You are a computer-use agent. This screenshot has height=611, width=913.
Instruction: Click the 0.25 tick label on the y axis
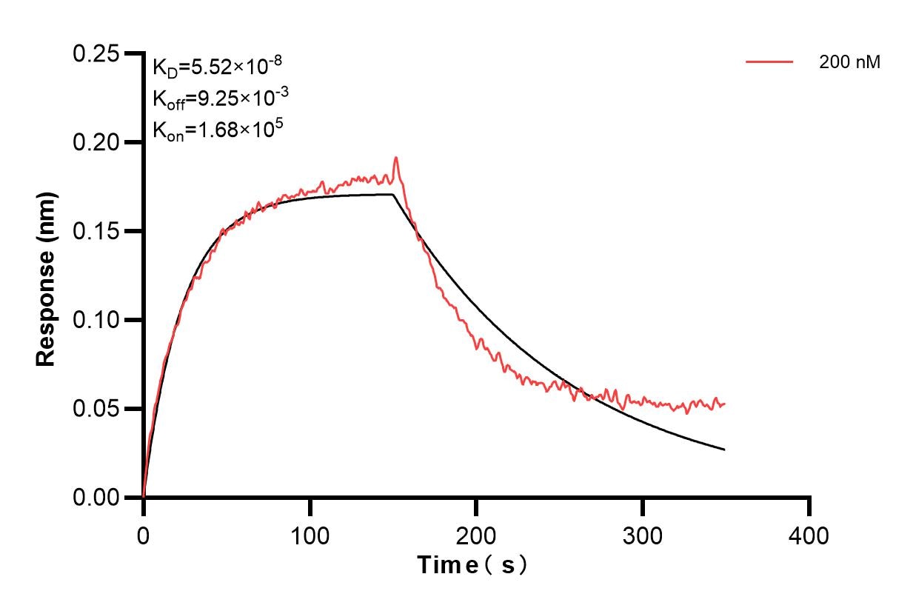coord(96,54)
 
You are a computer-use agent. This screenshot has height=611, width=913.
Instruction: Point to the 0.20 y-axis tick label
coord(96,142)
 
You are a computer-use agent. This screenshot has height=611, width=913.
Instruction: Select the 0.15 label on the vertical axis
coord(96,231)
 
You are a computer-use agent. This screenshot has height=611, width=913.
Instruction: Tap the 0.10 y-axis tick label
coord(96,320)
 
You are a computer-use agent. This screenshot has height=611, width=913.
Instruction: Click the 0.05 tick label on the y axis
coord(96,409)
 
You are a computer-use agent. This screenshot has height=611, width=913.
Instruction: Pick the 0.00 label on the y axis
coord(96,498)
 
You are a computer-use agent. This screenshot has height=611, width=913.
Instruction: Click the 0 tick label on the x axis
coord(144,534)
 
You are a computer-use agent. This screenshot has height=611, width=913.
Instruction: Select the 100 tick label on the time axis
coord(310,534)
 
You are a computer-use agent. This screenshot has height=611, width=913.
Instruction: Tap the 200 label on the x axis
coord(477,534)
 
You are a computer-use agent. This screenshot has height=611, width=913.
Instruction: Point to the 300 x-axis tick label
coord(643,534)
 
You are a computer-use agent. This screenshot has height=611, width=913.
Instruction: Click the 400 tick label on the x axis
coord(809,534)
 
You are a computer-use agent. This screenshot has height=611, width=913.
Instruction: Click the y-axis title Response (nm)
coord(46,278)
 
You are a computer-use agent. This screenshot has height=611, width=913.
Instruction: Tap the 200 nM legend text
coord(849,63)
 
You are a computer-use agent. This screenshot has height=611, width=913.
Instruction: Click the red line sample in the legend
coord(769,62)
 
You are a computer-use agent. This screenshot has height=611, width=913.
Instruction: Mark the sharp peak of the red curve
coord(396,158)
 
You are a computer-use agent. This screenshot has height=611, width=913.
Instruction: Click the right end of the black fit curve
coord(723,450)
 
